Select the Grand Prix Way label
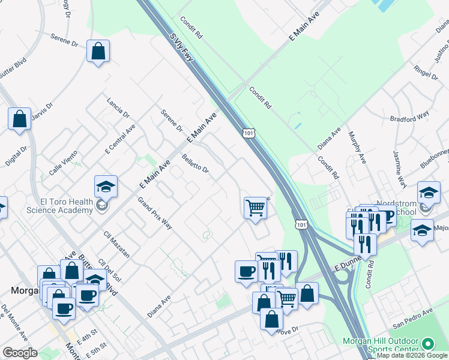point(155,213)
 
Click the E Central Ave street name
point(120,140)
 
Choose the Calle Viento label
point(63,162)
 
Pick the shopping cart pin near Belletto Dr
point(255,208)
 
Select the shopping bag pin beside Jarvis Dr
point(19,118)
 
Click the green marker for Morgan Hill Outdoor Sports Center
point(427,344)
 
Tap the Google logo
point(20,353)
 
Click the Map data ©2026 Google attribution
point(412,355)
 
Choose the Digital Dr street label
point(16,155)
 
